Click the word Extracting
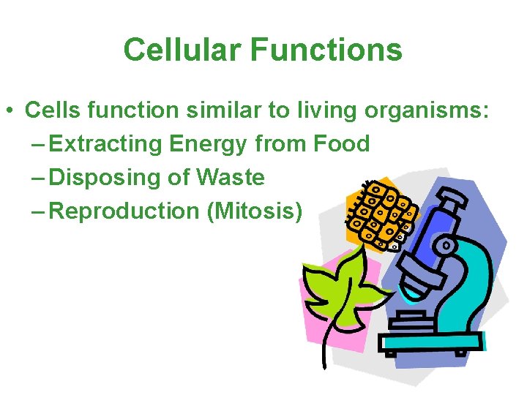coord(108,144)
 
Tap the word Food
coord(341,144)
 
